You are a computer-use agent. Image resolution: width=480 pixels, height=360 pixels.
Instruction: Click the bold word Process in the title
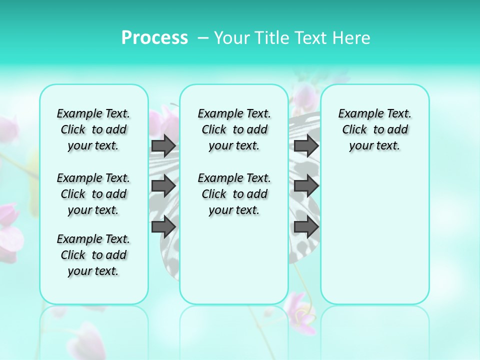pyautogui.click(x=154, y=37)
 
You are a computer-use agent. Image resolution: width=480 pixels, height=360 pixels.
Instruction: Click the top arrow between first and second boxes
pyautogui.click(x=163, y=145)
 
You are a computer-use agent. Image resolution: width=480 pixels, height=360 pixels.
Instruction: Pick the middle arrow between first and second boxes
pyautogui.click(x=163, y=186)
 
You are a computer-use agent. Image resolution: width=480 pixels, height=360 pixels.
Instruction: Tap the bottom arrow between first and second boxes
pyautogui.click(x=163, y=226)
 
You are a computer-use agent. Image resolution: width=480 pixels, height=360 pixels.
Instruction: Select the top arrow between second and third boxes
pyautogui.click(x=306, y=145)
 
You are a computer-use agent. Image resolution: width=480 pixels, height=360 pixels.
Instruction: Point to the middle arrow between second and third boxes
pyautogui.click(x=306, y=186)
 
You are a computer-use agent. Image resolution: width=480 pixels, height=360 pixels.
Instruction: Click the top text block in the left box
pyautogui.click(x=93, y=129)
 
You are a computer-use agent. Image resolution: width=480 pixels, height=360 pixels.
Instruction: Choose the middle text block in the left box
pyautogui.click(x=93, y=194)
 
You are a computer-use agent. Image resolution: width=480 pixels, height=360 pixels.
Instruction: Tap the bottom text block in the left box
pyautogui.click(x=93, y=255)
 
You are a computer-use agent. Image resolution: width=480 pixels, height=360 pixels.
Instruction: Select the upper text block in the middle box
pyautogui.click(x=234, y=129)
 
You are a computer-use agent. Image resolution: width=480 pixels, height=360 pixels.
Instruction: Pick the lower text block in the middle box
pyautogui.click(x=234, y=194)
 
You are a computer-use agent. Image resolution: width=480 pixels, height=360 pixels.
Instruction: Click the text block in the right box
pyautogui.click(x=375, y=129)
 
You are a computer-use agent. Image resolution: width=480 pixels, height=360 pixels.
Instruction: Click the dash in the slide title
pyautogui.click(x=203, y=38)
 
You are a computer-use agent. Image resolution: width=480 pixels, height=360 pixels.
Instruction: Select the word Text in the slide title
pyautogui.click(x=307, y=38)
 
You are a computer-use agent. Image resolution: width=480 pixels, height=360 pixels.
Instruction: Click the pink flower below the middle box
pyautogui.click(x=300, y=313)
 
